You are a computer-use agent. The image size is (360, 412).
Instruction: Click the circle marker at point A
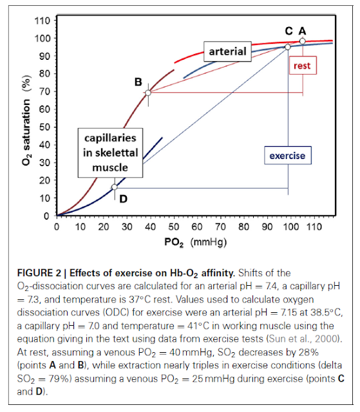[x=302, y=41]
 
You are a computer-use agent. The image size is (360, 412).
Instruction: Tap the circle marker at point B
[x=148, y=93]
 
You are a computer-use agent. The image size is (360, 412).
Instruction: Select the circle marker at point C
[x=287, y=46]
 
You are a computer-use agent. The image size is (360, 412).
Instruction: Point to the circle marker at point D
[x=115, y=187]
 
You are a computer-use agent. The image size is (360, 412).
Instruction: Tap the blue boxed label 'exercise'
[x=287, y=155]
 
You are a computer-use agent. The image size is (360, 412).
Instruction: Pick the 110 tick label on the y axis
[x=43, y=21]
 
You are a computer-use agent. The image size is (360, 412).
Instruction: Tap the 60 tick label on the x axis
[x=196, y=227]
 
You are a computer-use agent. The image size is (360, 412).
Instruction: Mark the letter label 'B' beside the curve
[x=138, y=82]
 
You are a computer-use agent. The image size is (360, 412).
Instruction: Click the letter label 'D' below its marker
[x=122, y=199]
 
